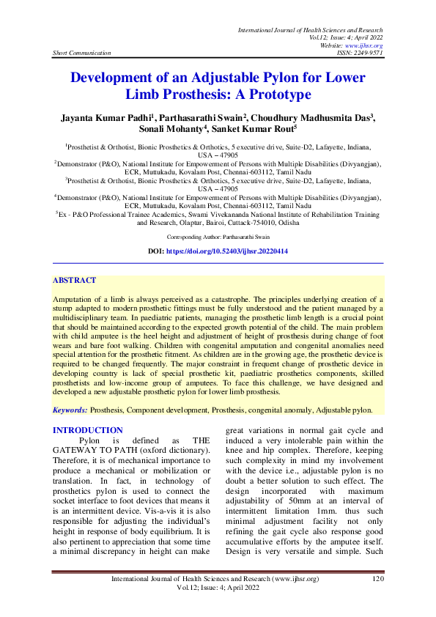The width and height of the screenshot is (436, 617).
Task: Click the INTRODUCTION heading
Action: pyautogui.click(x=88, y=430)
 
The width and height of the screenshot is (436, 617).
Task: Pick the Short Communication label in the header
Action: pyautogui.click(x=82, y=53)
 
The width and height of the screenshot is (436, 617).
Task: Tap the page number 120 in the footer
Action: pyautogui.click(x=378, y=579)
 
